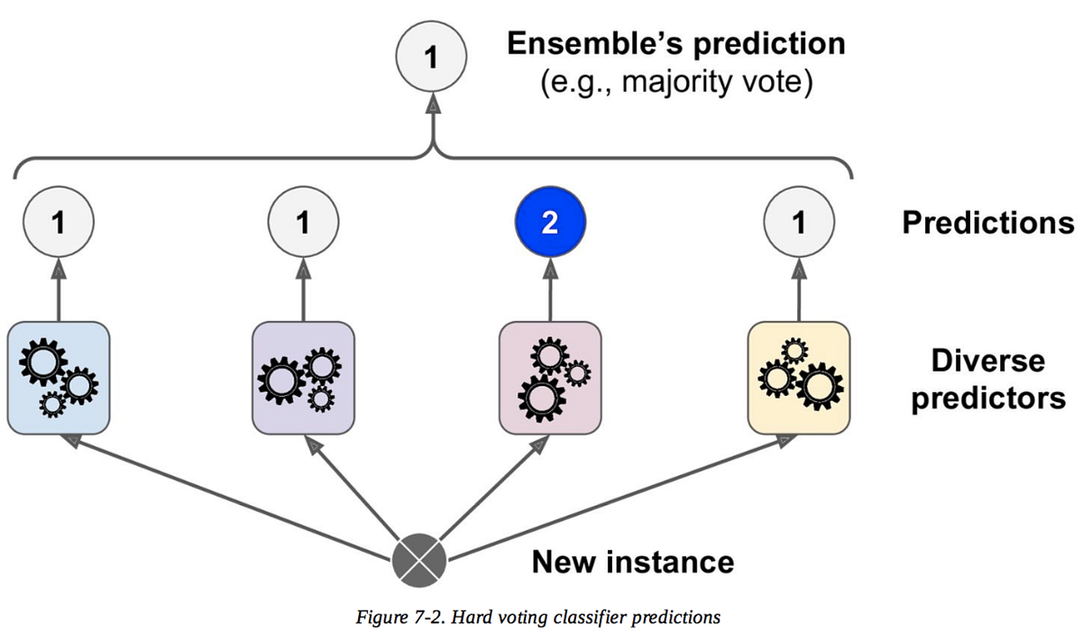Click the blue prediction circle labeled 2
551,223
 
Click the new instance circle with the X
419,559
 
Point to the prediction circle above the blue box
59,223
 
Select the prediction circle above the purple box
303,223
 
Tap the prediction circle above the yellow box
798,223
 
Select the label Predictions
988,223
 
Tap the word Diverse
988,361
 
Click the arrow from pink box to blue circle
550,289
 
